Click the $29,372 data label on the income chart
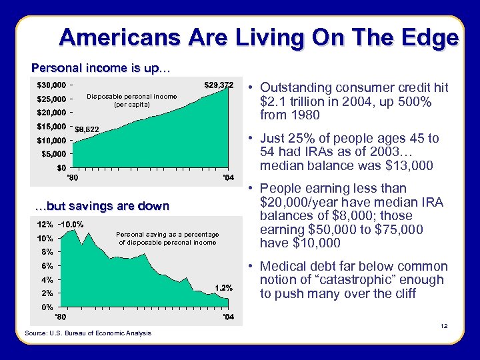(218, 85)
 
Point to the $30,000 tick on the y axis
(51, 85)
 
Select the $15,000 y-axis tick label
(51, 127)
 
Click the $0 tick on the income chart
(60, 168)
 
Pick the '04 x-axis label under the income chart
(227, 178)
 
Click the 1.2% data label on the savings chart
(223, 287)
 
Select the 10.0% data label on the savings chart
(71, 225)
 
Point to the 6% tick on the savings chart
(45, 266)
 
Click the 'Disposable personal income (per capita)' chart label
(132, 100)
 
